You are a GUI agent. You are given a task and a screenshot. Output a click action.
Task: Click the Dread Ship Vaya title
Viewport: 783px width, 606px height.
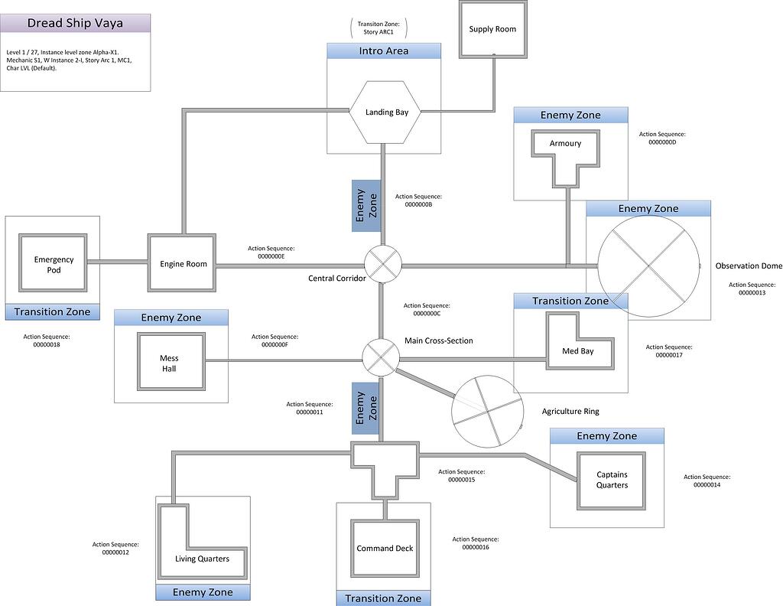(75, 23)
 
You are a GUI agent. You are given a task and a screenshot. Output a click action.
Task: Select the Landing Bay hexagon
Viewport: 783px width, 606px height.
(386, 112)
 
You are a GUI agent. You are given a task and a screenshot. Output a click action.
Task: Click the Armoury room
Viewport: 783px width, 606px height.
(566, 145)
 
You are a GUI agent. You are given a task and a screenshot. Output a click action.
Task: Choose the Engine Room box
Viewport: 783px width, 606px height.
(183, 264)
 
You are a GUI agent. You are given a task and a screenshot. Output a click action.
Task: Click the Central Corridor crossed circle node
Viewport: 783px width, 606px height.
(382, 264)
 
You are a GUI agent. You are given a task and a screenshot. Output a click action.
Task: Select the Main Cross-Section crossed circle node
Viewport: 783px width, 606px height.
(381, 357)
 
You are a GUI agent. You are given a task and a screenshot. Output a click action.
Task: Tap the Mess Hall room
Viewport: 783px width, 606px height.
(169, 363)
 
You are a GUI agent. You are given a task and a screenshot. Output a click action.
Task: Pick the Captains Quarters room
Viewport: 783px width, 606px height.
(612, 480)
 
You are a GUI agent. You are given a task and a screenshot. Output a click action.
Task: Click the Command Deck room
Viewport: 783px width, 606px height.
(385, 549)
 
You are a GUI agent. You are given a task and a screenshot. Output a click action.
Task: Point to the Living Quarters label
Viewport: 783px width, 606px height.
(202, 559)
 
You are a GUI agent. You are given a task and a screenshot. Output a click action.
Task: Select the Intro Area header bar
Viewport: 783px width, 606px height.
(384, 51)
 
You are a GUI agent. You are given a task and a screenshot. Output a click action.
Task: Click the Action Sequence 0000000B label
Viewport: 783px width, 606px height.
(418, 200)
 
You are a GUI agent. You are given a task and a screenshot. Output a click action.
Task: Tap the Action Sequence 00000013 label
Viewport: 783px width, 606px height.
(747, 288)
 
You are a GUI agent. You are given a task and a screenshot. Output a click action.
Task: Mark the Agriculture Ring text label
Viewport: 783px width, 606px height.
(570, 412)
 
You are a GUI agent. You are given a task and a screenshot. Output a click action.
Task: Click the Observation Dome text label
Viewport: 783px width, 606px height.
(748, 266)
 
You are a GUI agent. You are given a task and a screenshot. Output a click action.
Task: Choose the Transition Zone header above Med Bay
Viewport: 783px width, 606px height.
(570, 301)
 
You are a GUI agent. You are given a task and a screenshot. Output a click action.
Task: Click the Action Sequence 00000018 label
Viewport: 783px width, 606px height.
(46, 340)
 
